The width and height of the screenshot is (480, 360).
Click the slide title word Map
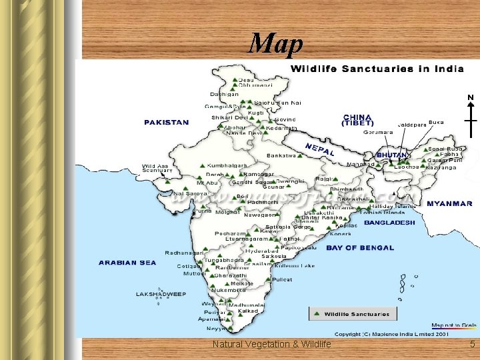coord(276,44)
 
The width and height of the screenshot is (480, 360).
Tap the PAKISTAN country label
coord(166,123)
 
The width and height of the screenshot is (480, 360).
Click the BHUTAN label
coord(393,155)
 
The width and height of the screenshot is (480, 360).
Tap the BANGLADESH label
coord(390,222)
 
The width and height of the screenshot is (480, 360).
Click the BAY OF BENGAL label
coord(360,248)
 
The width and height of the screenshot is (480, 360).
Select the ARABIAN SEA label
coord(127,263)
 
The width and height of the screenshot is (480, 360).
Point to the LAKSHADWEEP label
coord(160,294)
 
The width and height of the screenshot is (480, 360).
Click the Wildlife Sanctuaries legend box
coord(352,314)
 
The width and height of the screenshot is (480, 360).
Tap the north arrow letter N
coord(471,98)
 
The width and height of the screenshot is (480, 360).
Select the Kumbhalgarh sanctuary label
coord(227,165)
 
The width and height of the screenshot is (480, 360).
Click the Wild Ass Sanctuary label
coord(157,169)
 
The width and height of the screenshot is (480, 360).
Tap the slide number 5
coord(472,344)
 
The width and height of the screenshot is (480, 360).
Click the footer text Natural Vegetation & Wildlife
coord(271,344)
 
